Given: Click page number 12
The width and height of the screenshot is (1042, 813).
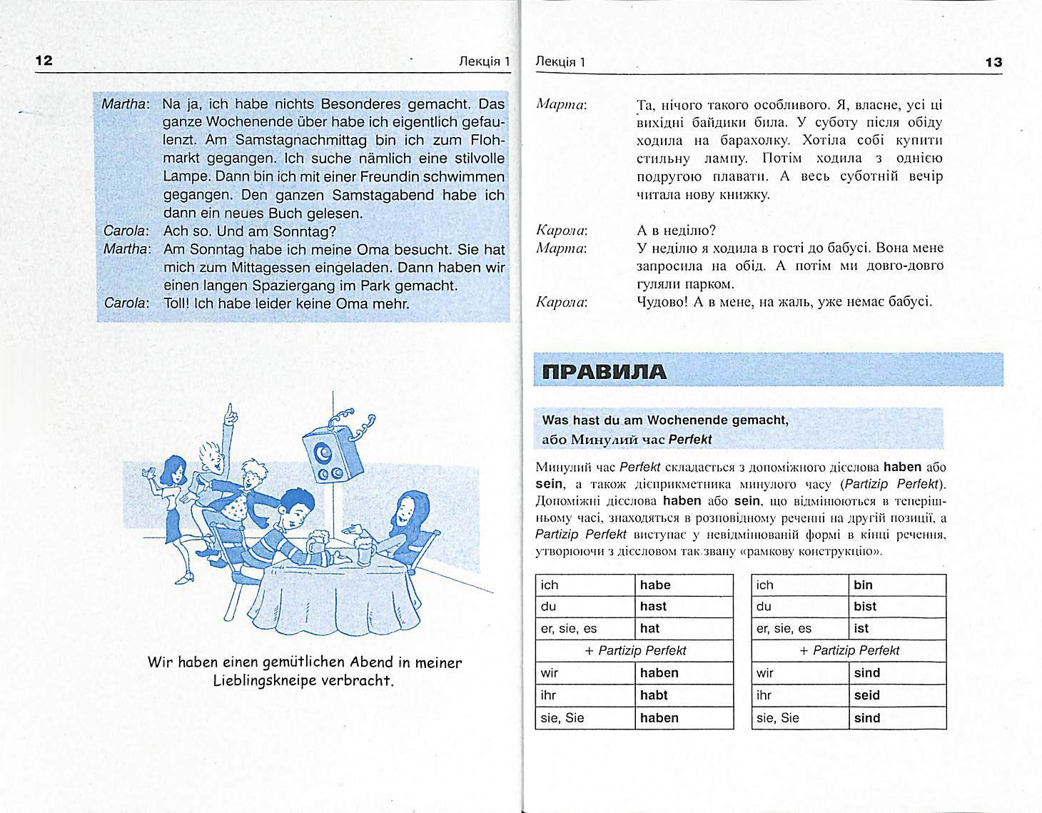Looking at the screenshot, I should [44, 61].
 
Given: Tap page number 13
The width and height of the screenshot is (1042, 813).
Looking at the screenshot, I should [993, 62].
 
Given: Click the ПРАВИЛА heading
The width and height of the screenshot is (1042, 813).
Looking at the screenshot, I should [604, 372].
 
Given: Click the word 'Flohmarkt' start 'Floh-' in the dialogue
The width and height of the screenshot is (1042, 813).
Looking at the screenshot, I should [488, 140].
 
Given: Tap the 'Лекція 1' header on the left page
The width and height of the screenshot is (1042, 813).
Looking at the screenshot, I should [485, 61].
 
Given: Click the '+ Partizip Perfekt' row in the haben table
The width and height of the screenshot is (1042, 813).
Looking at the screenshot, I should [634, 651].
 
